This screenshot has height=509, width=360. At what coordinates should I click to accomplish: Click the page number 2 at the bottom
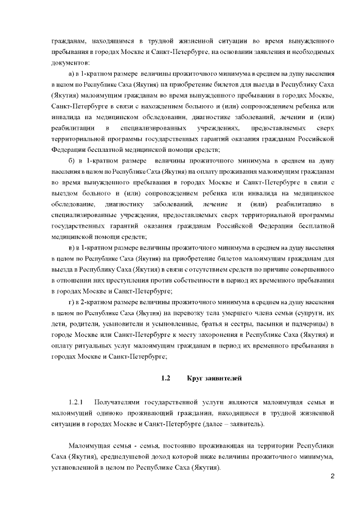point(332,478)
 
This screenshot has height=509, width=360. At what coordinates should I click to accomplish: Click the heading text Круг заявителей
point(214,379)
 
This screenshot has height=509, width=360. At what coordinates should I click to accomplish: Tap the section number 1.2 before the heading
point(165,379)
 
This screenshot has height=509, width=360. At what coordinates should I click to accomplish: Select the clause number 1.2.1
point(75,403)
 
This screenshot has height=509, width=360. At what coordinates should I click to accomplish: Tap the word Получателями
point(118,403)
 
